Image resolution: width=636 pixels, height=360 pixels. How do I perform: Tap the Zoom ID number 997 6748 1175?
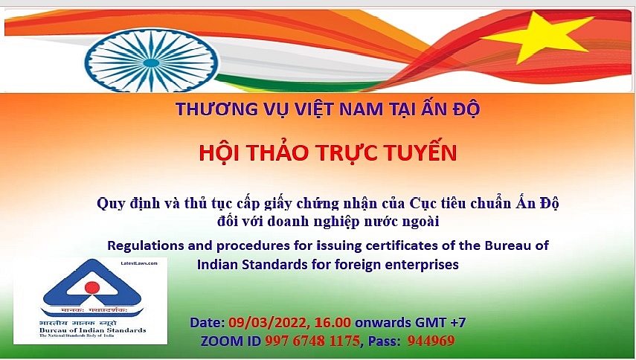coord(311,341)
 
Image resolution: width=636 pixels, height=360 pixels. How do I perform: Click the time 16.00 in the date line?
coord(324,323)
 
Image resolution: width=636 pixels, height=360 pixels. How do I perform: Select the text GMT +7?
coord(440,323)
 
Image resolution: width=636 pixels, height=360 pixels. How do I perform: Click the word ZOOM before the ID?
coord(221,341)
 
